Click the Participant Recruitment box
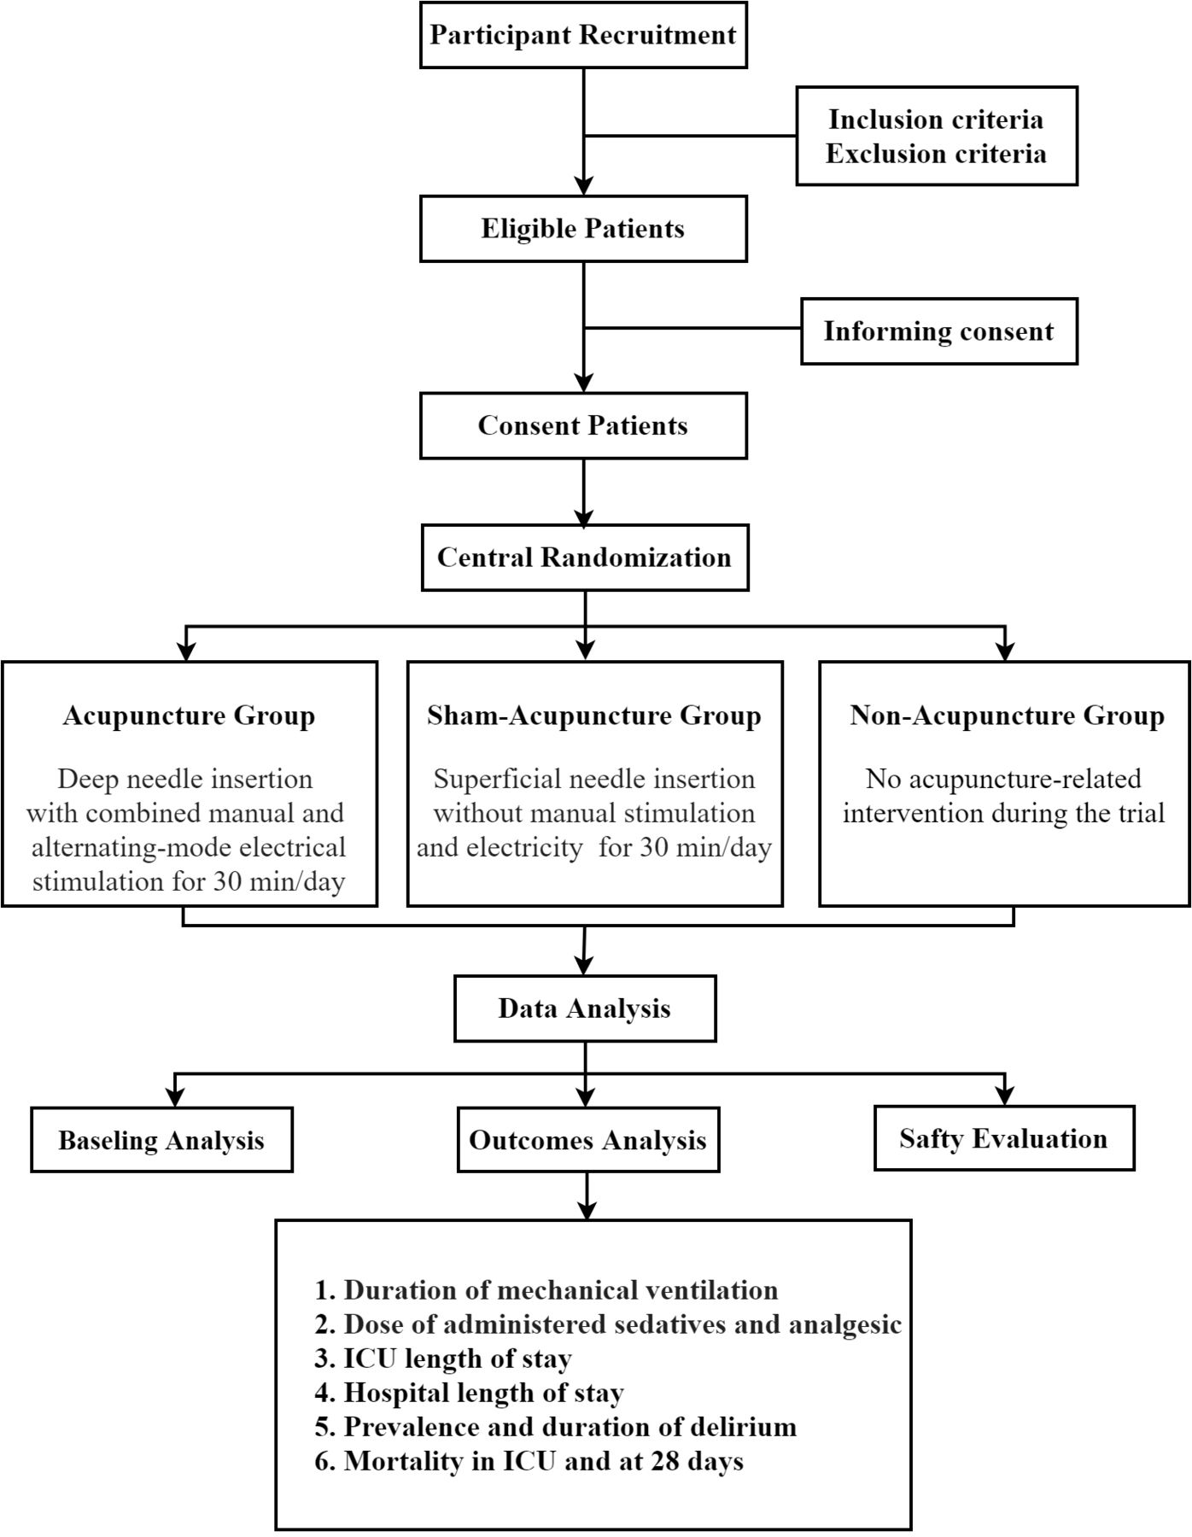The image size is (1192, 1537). (583, 35)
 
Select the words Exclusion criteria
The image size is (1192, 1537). (936, 154)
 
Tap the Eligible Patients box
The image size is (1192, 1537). (583, 229)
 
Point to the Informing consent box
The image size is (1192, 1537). (939, 331)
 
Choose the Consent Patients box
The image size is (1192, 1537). (583, 425)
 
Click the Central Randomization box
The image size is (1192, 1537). (585, 558)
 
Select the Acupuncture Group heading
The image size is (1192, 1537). (189, 716)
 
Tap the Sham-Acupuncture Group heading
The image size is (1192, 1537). (594, 716)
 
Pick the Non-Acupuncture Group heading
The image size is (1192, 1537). (1007, 716)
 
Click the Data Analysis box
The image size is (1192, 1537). (585, 1008)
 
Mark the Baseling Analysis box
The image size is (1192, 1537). (161, 1140)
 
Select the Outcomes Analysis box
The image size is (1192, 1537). (588, 1140)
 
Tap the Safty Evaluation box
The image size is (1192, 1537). (1004, 1138)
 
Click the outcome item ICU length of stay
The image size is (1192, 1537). (443, 1359)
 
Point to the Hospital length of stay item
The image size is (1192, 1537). (469, 1393)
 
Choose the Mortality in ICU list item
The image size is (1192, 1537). (529, 1461)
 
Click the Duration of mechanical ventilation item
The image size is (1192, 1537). (546, 1290)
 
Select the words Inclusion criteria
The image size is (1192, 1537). (936, 120)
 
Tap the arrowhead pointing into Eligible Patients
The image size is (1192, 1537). (583, 186)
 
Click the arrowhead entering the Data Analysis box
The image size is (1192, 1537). (584, 966)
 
